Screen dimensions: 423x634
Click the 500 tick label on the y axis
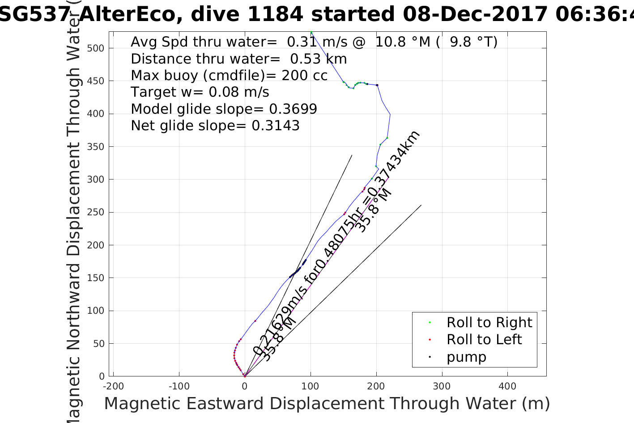tap(95, 48)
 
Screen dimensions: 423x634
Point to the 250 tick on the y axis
tap(95, 212)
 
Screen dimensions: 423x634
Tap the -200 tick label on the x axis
tap(113, 386)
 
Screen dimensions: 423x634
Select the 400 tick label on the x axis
tap(507, 386)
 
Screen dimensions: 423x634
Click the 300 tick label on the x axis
tap(442, 386)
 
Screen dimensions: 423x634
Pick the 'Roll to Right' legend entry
tap(489, 323)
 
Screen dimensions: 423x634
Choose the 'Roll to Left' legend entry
tap(484, 340)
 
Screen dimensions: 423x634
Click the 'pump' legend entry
tap(466, 357)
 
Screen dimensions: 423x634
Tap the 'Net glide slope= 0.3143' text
tap(215, 126)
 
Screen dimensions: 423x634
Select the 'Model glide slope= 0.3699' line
tap(224, 109)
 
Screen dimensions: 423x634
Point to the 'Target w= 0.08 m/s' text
tap(200, 92)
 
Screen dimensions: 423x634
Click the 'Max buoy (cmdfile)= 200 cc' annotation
tap(229, 76)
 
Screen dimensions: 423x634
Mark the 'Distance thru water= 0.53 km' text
tap(238, 59)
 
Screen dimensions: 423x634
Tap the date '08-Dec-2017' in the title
tap(475, 14)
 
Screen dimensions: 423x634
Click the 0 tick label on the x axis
tap(245, 386)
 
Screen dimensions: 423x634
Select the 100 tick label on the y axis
tap(95, 311)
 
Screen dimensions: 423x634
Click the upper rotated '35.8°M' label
tap(373, 211)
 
